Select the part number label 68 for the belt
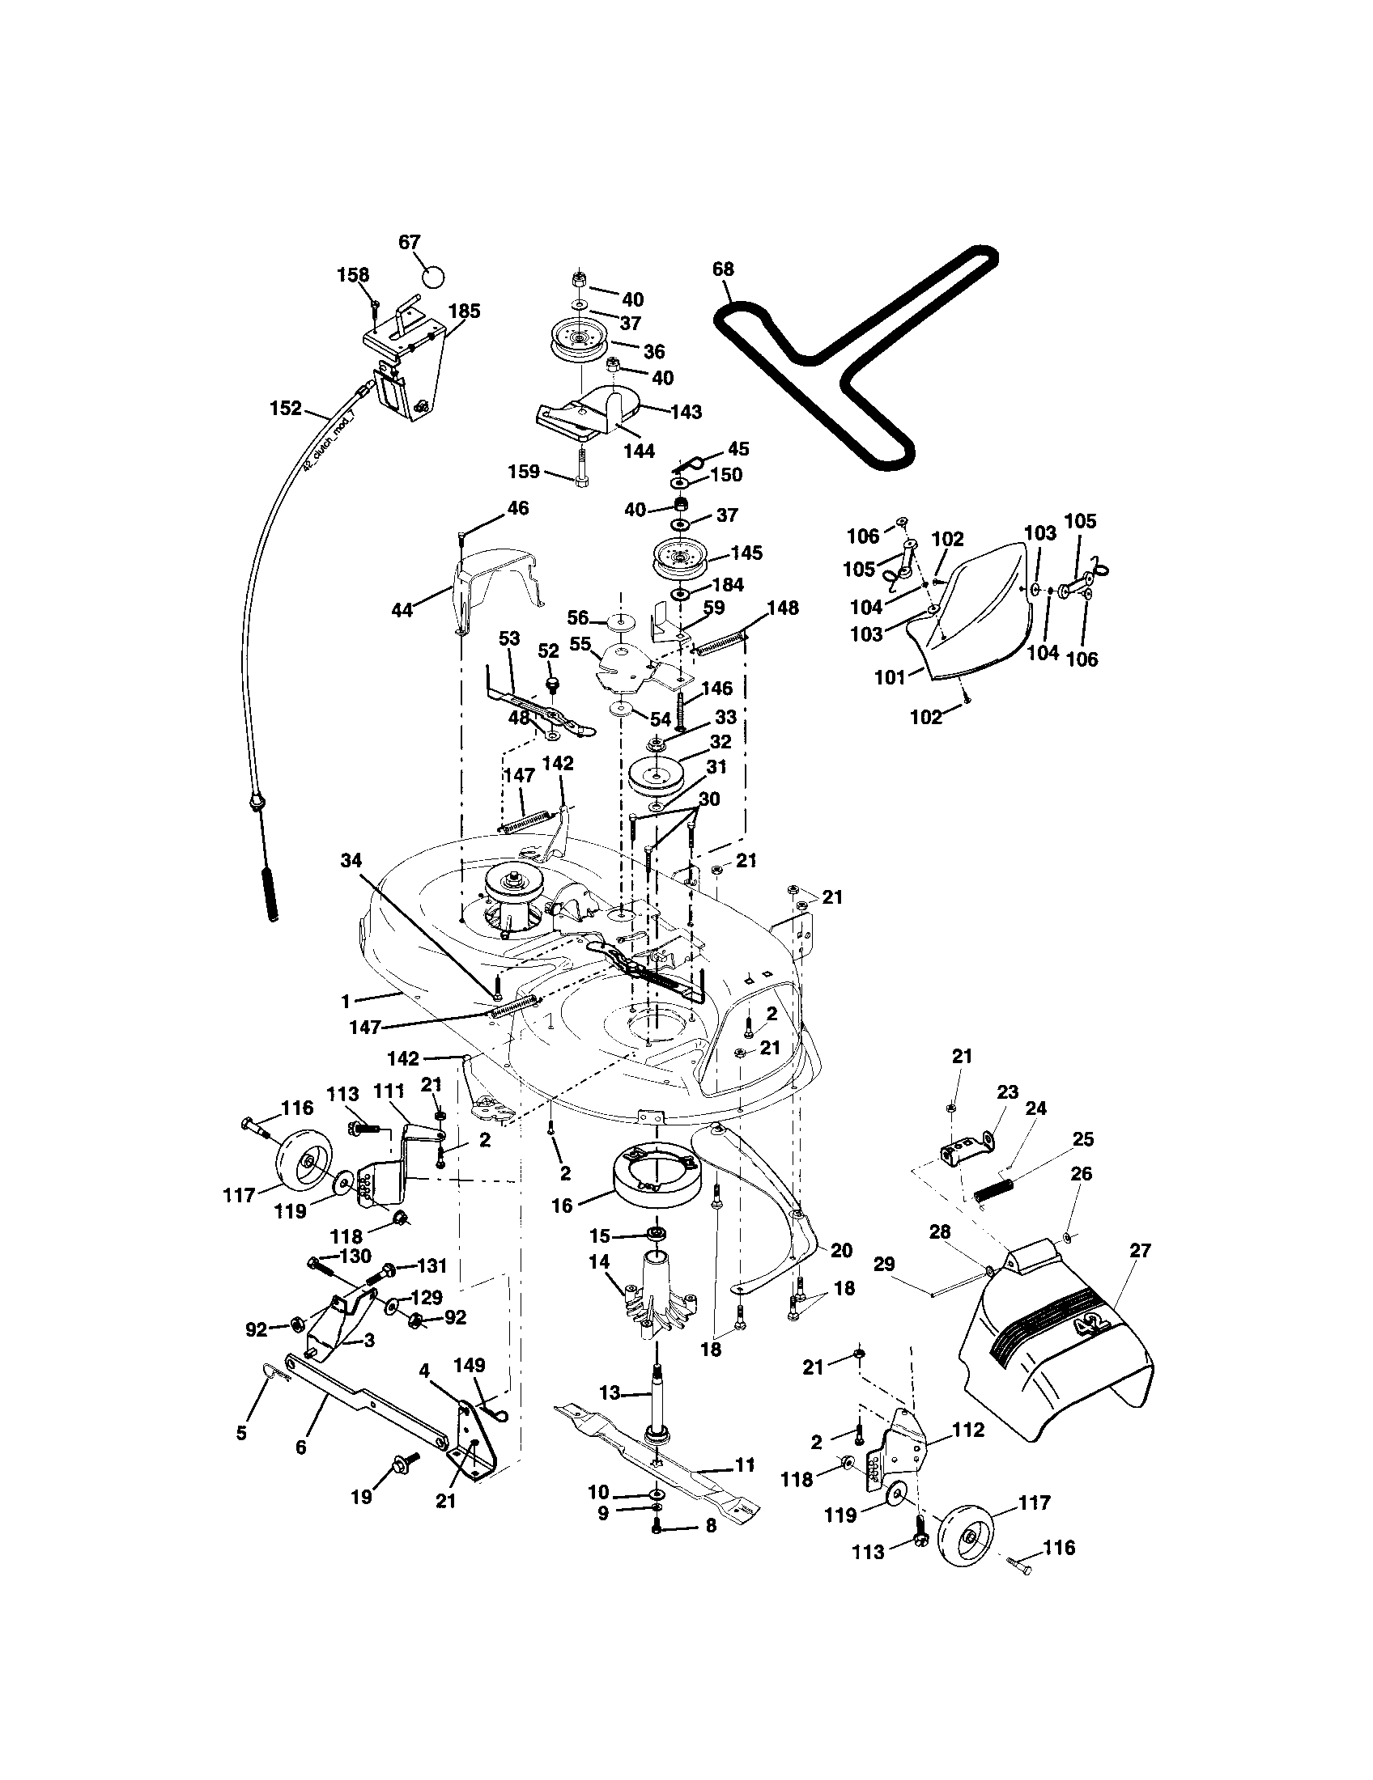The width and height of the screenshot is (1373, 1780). click(x=722, y=269)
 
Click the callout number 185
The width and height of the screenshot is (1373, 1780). click(x=464, y=311)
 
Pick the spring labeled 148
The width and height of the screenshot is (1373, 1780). click(x=721, y=644)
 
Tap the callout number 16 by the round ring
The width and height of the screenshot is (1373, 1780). click(x=562, y=1205)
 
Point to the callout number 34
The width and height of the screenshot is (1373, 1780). click(x=351, y=860)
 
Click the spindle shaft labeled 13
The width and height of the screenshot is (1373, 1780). click(x=657, y=1395)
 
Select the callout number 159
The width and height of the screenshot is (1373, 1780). click(x=524, y=471)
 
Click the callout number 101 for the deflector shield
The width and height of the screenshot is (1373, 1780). click(x=890, y=676)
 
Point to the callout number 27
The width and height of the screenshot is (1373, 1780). click(x=1140, y=1250)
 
